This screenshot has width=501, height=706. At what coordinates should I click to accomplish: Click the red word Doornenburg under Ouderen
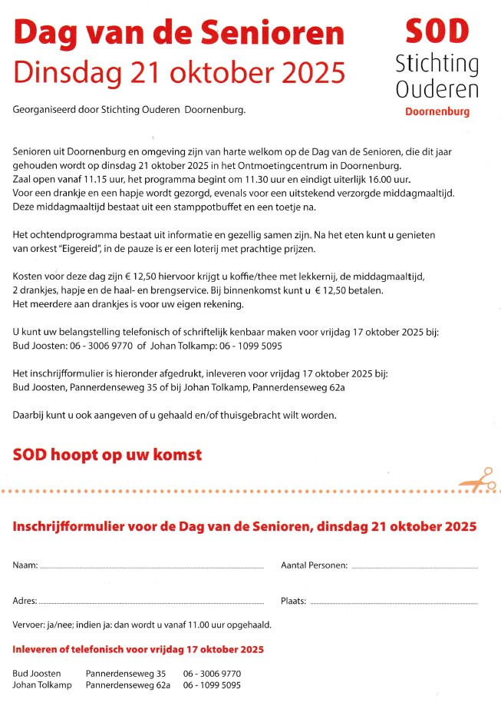(x=437, y=111)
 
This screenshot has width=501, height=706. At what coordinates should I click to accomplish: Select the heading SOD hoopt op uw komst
(x=107, y=455)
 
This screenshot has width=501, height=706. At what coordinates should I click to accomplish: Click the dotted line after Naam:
(x=151, y=567)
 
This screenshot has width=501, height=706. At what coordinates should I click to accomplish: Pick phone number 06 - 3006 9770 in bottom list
(x=213, y=674)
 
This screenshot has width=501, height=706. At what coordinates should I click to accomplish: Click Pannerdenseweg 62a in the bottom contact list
(x=127, y=685)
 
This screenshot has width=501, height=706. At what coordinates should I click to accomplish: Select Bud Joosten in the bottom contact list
(x=37, y=674)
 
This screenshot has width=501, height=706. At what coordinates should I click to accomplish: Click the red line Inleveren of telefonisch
(x=138, y=650)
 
